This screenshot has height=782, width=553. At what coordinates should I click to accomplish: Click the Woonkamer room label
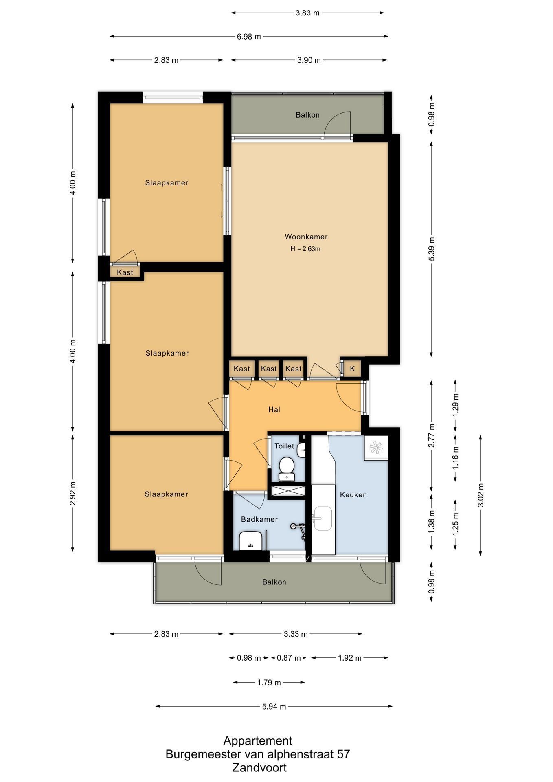(x=306, y=237)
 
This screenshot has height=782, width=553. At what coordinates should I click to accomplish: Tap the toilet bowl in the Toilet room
(x=287, y=468)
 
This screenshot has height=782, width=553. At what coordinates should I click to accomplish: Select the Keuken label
(x=353, y=495)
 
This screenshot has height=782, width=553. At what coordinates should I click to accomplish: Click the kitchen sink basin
(x=323, y=518)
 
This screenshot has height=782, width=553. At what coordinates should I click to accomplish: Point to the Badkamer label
(x=259, y=519)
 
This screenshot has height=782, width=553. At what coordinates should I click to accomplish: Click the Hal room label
(x=274, y=410)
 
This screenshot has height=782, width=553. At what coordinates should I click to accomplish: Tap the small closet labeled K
(x=353, y=369)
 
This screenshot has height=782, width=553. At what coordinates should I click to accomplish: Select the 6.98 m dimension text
(x=249, y=37)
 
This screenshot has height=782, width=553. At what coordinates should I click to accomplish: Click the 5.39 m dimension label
(x=432, y=249)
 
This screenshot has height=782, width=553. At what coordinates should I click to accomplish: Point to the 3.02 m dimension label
(x=481, y=495)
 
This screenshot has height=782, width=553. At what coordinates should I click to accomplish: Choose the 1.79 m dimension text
(x=269, y=683)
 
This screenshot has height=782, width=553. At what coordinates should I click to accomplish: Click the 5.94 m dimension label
(x=274, y=707)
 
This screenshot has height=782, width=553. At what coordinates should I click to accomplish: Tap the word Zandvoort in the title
(x=259, y=768)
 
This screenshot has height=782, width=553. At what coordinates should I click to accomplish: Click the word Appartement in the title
(x=258, y=740)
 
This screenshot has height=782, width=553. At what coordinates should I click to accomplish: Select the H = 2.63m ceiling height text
(x=305, y=249)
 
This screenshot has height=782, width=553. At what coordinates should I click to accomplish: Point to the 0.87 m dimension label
(x=289, y=658)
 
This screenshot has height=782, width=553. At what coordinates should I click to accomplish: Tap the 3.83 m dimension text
(x=307, y=13)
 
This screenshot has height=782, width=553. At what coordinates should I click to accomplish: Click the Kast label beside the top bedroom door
(x=125, y=272)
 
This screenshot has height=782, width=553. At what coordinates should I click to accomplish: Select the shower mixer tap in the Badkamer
(x=299, y=528)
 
